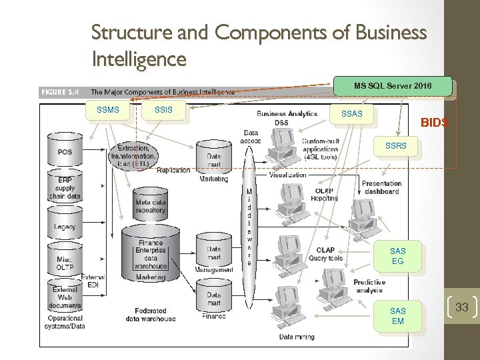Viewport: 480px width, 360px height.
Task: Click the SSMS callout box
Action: [108, 109]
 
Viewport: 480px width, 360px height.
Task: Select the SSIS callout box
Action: [164, 109]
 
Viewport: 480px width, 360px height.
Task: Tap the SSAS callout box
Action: [351, 114]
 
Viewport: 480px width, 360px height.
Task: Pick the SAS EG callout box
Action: [397, 257]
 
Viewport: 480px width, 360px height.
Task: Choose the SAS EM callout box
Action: [397, 316]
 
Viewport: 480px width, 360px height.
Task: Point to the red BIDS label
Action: [434, 123]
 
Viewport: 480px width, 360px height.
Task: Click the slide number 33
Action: [462, 307]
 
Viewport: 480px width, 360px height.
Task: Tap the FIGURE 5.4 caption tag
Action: [62, 92]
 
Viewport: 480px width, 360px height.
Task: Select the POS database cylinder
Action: [65, 151]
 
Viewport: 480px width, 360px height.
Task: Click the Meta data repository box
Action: [150, 206]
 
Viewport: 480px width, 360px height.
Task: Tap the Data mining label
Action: [297, 337]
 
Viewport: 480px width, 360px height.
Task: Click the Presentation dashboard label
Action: [381, 187]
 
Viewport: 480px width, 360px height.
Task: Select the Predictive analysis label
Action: [369, 286]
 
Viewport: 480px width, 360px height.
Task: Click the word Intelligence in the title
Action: [139, 59]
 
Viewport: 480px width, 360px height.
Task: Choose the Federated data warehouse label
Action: [151, 315]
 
